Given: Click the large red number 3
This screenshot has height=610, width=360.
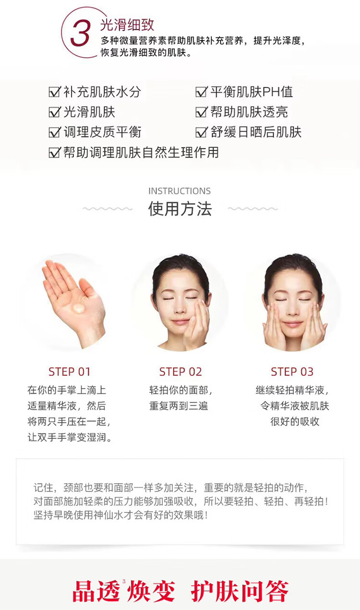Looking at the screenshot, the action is [x=80, y=34].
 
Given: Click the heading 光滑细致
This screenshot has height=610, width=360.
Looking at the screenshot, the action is [x=127, y=25].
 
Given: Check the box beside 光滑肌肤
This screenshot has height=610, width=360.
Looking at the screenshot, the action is [x=54, y=111].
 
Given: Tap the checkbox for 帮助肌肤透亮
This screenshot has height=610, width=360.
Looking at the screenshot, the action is [x=202, y=111].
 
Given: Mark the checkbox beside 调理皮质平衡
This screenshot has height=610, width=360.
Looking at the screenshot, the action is [x=54, y=132].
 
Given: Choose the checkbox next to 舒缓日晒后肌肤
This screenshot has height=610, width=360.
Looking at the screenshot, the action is [x=202, y=132].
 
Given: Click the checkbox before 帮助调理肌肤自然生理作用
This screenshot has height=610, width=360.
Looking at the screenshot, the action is [x=54, y=152].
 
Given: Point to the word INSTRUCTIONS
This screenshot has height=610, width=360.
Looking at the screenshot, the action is [x=180, y=191].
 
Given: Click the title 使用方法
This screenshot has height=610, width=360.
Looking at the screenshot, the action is [x=180, y=209].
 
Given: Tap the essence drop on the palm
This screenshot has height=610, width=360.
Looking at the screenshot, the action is [x=79, y=308].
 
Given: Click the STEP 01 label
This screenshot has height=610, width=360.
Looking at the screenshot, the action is [x=70, y=372].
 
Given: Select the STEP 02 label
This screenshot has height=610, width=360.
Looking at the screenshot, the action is [x=180, y=372].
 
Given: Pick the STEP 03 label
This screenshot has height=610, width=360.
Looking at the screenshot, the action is [x=292, y=372].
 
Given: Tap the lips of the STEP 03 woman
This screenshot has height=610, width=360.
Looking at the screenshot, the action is [x=292, y=324].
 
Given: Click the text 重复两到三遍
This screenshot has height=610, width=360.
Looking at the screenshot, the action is [x=179, y=406].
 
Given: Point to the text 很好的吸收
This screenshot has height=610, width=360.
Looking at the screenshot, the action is [x=295, y=421].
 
